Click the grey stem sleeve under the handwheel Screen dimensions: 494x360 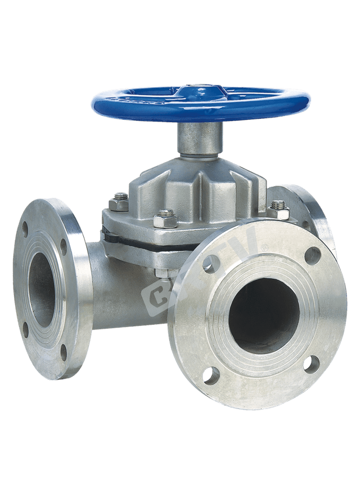point(200,138)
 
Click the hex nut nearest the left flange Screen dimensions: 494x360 point(120,201)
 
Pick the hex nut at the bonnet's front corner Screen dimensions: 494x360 point(166,218)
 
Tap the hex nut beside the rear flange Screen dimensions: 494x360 point(277,210)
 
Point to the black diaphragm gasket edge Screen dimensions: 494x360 point(129,239)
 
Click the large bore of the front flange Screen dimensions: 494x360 point(264,315)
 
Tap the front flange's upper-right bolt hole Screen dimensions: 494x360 point(312,256)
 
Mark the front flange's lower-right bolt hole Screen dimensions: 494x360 point(311,364)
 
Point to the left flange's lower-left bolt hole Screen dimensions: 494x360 point(25,329)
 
